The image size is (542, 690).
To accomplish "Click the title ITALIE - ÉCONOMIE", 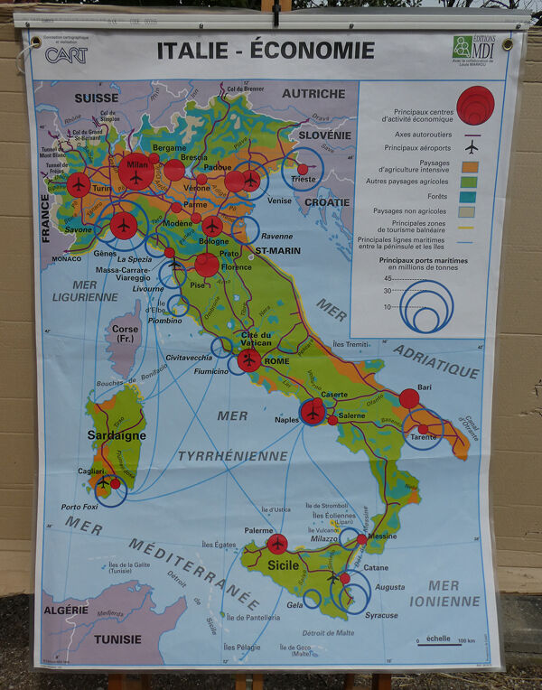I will point(265,51).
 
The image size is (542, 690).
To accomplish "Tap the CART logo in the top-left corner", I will point(67,55).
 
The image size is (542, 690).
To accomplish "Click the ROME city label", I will point(276,362).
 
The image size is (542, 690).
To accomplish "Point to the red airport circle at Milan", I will point(135,172).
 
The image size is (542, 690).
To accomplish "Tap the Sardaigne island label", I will point(117,435).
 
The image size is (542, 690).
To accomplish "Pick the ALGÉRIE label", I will point(69,611).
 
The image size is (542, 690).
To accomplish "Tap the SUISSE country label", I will point(97,97).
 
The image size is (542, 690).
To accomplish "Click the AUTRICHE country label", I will point(313,93).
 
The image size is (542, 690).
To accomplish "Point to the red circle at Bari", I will point(409,398).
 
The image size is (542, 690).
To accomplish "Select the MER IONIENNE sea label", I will point(444,593).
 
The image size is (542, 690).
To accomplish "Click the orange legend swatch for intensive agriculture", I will point(471,166).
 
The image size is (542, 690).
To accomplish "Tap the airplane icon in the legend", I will point(471,146).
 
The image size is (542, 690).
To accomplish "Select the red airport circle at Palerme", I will point(277,544).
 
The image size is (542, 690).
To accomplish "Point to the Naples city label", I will point(287,420).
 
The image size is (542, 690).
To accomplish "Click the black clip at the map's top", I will point(276,13).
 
